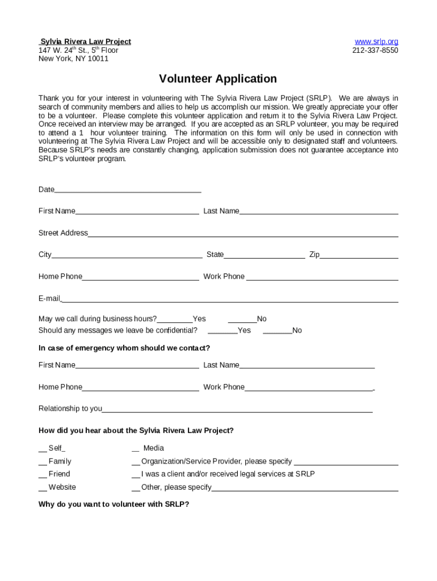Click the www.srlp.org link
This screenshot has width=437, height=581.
click(x=376, y=41)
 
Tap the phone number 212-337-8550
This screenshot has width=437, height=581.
click(x=375, y=50)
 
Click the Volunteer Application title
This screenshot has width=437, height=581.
click(x=218, y=79)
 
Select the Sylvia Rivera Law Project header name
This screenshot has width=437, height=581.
click(x=85, y=41)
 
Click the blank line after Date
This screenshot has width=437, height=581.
click(x=128, y=190)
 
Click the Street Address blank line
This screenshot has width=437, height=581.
click(x=243, y=233)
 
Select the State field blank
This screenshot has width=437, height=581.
click(x=264, y=255)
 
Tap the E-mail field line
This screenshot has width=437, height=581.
click(x=229, y=299)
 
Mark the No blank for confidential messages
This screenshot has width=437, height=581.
click(x=278, y=331)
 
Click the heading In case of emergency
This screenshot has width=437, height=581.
click(x=124, y=348)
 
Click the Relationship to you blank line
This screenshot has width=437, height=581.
click(x=237, y=409)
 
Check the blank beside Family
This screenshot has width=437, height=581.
click(x=43, y=462)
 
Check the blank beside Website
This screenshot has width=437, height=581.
click(x=43, y=487)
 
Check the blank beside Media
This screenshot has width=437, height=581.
click(x=136, y=448)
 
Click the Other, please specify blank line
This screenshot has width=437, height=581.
click(x=305, y=488)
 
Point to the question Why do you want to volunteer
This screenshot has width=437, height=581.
click(x=114, y=504)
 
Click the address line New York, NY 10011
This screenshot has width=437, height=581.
click(x=73, y=58)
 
